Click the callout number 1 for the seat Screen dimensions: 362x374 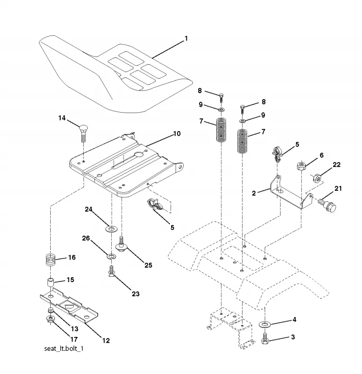pyautogui.click(x=186, y=38)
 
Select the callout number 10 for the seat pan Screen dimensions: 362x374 pyautogui.click(x=177, y=133)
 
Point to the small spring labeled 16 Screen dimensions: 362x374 pyautogui.click(x=51, y=260)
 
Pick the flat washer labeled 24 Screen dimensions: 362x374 pyautogui.click(x=111, y=229)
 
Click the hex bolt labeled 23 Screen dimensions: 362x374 pyautogui.click(x=111, y=271)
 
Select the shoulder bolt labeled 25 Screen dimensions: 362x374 pyautogui.click(x=121, y=244)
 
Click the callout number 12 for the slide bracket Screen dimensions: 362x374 pyautogui.click(x=106, y=341)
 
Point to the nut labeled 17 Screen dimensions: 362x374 pyautogui.click(x=50, y=319)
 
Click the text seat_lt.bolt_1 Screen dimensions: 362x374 pyautogui.click(x=64, y=349)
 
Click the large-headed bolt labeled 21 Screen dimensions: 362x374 pyautogui.click(x=328, y=205)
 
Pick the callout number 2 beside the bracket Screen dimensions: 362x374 pyautogui.click(x=254, y=193)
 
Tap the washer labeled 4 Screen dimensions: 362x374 pyautogui.click(x=265, y=324)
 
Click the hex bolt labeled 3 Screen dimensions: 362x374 pyautogui.click(x=264, y=338)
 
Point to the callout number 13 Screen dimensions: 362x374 pyautogui.click(x=75, y=329)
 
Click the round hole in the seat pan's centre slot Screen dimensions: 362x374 pyautogui.click(x=139, y=155)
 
